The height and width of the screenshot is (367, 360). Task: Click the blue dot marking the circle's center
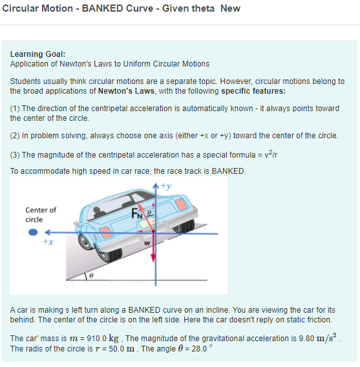click(33, 232)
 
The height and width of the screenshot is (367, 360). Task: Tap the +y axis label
click(166, 186)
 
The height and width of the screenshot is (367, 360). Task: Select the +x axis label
click(48, 242)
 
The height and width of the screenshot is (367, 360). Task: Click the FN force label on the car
click(137, 213)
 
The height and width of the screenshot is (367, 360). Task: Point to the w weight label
click(147, 243)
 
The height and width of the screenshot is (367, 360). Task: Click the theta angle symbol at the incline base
click(91, 275)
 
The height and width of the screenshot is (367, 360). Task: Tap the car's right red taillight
click(180, 204)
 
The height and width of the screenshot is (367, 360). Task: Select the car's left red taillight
click(105, 233)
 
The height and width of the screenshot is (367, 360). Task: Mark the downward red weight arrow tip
click(153, 262)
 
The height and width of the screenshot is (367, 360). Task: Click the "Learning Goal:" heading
click(37, 54)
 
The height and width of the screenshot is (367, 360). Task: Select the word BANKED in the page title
click(102, 8)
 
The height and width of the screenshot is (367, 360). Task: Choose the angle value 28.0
click(199, 349)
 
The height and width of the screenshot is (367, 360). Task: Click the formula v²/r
click(271, 154)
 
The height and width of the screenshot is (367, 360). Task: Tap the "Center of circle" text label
click(41, 215)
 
